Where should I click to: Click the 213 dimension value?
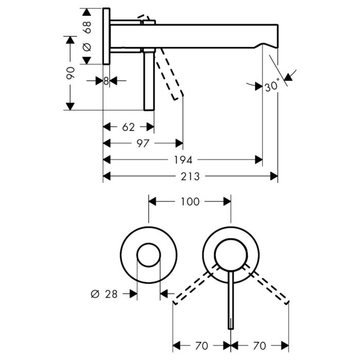coord(190,176)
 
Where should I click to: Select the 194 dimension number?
coord(183,160)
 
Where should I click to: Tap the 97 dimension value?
coord(143,143)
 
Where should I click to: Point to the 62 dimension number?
coord(129,127)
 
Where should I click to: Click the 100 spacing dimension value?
coord(190,202)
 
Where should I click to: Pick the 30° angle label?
coord(272,85)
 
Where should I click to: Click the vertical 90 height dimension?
coord(70,73)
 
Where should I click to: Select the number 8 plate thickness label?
coord(106,81)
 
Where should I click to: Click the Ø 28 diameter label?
coord(104,294)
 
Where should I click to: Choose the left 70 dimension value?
coord(202,346)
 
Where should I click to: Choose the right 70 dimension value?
coord(259,346)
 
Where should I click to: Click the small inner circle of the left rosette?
coord(149,243)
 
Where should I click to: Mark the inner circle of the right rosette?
coord(231,239)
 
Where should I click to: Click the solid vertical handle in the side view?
coord(149,80)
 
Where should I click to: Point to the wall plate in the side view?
coord(106,37)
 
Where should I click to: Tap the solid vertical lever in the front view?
coord(231,300)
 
